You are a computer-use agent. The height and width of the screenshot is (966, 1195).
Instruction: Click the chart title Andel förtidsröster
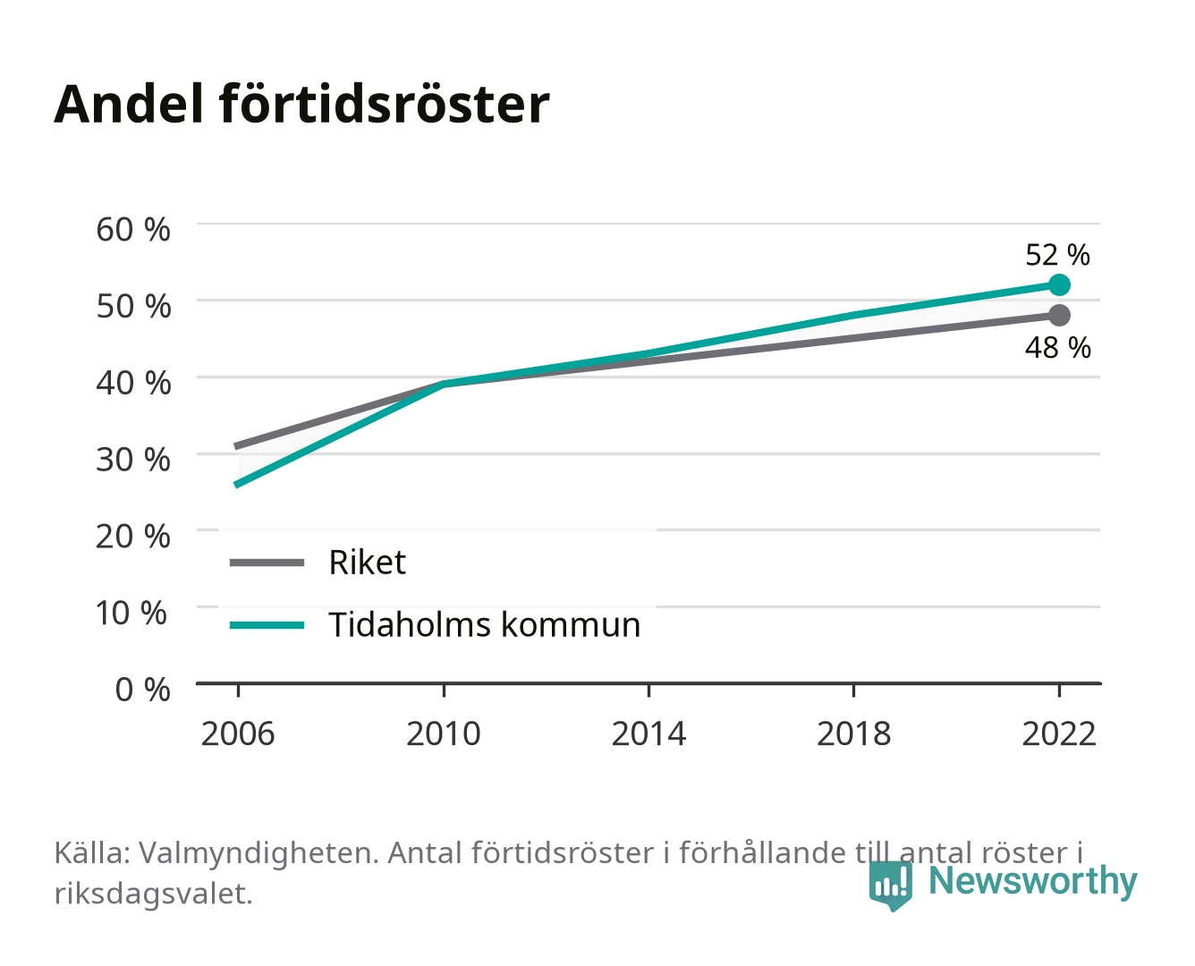(301, 105)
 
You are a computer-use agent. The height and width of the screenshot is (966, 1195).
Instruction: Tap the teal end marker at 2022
(1059, 285)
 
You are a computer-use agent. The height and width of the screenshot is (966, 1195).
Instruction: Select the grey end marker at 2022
(1059, 315)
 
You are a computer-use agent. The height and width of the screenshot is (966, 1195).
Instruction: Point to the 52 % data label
(1057, 255)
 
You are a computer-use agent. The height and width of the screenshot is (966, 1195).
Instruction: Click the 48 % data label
(1057, 348)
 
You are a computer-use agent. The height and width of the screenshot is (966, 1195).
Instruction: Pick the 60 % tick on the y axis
(133, 230)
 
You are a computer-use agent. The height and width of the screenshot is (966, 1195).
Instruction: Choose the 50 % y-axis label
(133, 307)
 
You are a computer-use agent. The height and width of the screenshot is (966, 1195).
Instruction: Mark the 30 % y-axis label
(133, 460)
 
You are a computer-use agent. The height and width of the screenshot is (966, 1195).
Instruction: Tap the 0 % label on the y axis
(142, 690)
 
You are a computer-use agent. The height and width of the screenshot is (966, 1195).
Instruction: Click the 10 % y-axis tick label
(131, 613)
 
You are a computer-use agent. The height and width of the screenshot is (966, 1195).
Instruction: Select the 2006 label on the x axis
(238, 733)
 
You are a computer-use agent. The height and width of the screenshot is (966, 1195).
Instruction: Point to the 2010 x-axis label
(444, 733)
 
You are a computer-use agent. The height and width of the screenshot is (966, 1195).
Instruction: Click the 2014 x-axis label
(648, 733)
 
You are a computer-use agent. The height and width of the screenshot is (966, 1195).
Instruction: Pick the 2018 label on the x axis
(853, 733)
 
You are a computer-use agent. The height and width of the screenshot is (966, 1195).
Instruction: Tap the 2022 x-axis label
(1059, 733)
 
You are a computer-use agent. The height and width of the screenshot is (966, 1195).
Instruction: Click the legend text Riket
(367, 562)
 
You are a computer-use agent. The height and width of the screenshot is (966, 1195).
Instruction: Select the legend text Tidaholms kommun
(484, 625)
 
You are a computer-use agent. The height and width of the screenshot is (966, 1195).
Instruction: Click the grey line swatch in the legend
(267, 562)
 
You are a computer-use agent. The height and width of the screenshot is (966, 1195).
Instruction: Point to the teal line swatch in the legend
(267, 625)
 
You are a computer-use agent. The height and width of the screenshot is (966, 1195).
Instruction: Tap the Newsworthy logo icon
(890, 885)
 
